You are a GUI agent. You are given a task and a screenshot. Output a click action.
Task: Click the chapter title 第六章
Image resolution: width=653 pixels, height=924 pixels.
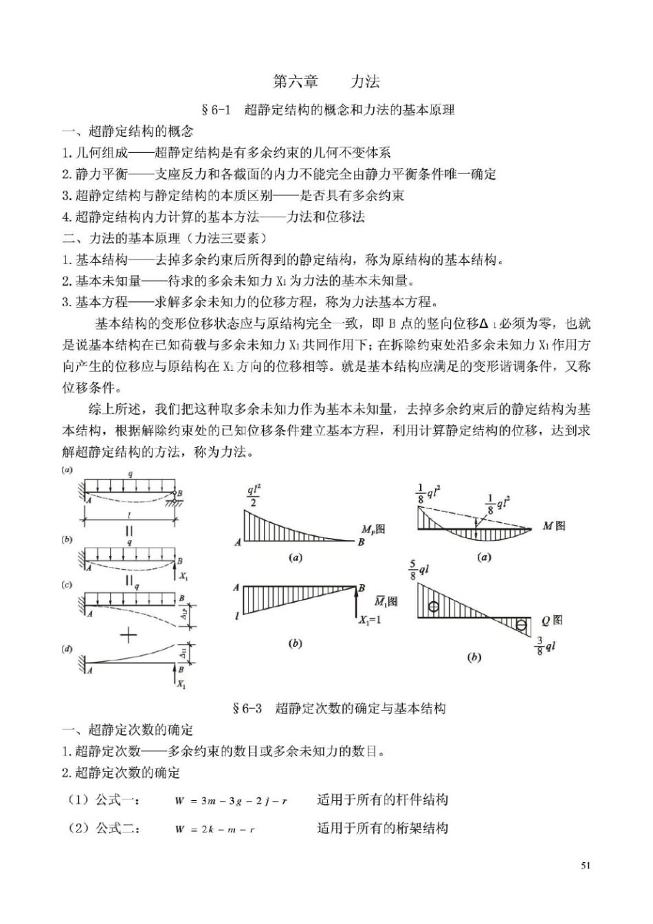[x=296, y=81]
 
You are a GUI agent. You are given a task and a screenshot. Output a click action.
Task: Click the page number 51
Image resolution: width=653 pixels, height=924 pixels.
[x=585, y=866]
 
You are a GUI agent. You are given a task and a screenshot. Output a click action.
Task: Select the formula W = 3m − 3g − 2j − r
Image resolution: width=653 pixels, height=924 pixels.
[x=231, y=801]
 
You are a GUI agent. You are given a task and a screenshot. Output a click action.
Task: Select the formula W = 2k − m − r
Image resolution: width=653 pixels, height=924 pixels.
[x=214, y=829]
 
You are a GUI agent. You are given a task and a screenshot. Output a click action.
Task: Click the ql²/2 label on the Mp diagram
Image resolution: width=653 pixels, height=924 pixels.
[x=254, y=496]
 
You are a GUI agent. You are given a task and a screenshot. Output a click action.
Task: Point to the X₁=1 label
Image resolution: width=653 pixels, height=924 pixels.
[x=370, y=620]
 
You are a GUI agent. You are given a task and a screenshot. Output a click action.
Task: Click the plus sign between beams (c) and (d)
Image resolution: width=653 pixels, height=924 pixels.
[x=129, y=634]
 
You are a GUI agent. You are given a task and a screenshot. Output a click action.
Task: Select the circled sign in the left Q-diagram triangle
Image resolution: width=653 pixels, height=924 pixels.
[x=433, y=607]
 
